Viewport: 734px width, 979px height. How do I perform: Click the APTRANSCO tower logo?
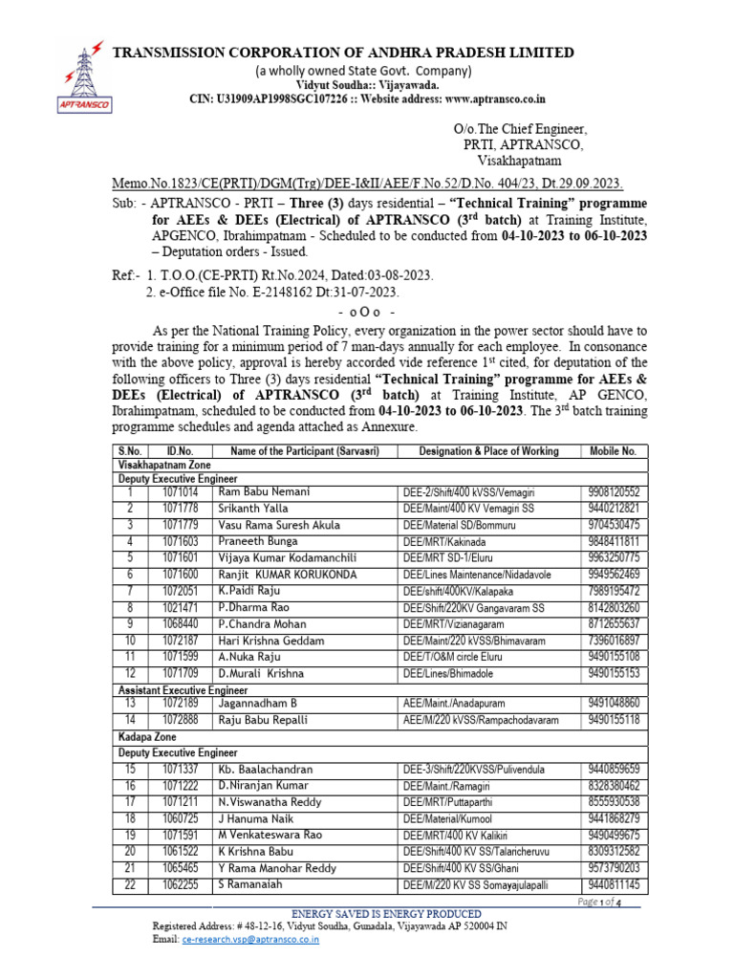coord(83,69)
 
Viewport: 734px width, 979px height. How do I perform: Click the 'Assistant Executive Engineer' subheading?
coord(183,689)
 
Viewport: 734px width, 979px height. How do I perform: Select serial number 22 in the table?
coord(130,885)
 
